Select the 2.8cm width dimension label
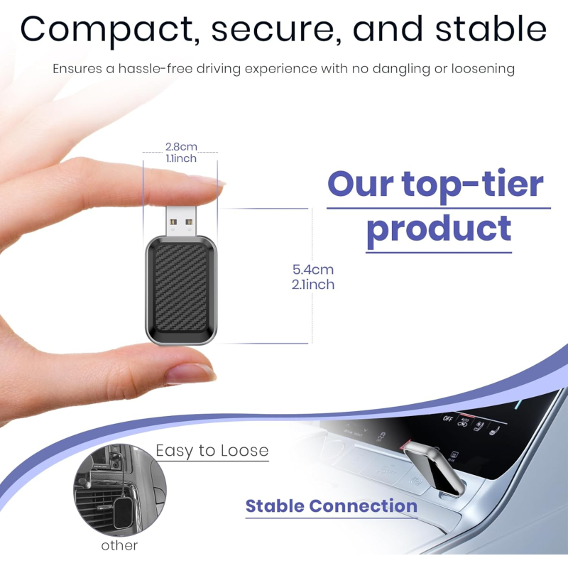coord(180,147)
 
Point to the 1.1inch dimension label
coord(180,158)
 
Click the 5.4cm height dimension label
coord(313,270)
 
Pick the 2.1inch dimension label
coord(313,285)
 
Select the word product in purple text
coord(439,229)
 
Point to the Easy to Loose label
coord(212,451)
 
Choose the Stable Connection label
coord(332,506)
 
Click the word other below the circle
coord(119,545)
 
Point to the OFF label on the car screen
coord(448,419)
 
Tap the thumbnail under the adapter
coord(190,371)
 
